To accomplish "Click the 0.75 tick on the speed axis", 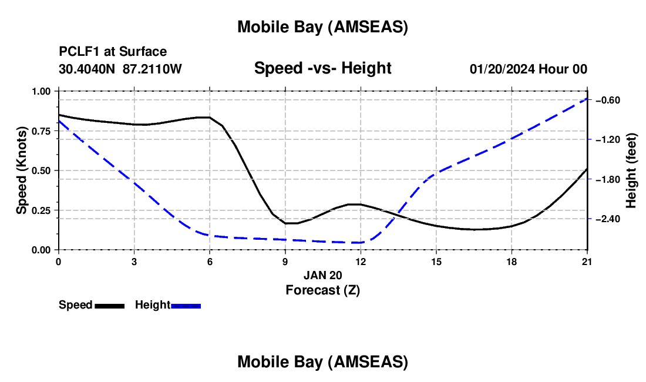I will tap(42, 131).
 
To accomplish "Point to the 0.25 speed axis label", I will tap(42, 210).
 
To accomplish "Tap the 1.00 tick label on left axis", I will tap(42, 92).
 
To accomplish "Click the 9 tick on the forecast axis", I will tap(285, 262).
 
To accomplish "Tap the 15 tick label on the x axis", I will tap(436, 262).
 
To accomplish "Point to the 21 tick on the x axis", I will tap(588, 262).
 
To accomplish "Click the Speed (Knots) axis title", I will tap(22, 170).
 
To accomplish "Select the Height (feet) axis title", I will tap(631, 171).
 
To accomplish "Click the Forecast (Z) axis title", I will tap(322, 290).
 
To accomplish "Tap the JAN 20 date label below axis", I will tap(322, 275).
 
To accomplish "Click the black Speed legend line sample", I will tap(109, 305).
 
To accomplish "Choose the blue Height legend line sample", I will tap(186, 305).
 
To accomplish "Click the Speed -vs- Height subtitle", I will tap(322, 69).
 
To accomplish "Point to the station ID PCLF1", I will tap(79, 52).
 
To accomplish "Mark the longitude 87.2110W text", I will tap(153, 69).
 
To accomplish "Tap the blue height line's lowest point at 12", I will tap(361, 242).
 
